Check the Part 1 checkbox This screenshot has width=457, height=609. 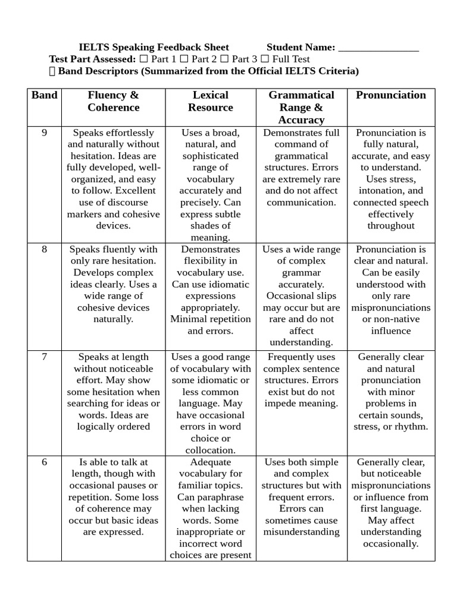tap(144, 59)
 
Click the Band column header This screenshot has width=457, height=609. tap(45, 95)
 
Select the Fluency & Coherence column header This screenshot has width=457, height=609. tap(113, 101)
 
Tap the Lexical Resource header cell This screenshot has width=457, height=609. tap(211, 101)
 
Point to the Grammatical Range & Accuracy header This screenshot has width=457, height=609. tap(301, 107)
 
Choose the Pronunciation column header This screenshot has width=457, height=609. tap(391, 95)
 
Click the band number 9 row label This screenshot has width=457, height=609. tap(45, 133)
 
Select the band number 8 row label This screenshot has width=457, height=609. tap(45, 249)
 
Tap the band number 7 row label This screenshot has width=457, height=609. tap(45, 357)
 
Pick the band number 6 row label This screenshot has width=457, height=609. tap(45, 462)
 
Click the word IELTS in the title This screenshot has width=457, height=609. tap(93, 48)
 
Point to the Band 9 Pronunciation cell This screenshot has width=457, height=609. tap(391, 179)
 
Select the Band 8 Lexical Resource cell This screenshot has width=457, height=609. tap(211, 290)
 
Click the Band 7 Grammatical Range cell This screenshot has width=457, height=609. tap(301, 380)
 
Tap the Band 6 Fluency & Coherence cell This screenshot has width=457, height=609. tap(113, 497)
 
